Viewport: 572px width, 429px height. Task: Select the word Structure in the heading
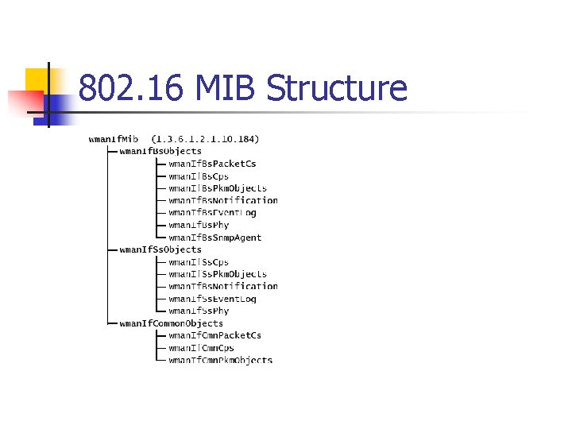tap(337, 88)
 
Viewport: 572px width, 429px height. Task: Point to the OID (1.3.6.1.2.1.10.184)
tap(205, 139)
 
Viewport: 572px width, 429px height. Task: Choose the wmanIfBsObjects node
tap(160, 151)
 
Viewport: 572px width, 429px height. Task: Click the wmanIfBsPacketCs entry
tap(212, 164)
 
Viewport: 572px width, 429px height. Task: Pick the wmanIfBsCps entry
tap(199, 176)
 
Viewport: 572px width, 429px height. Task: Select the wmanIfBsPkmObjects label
tap(218, 188)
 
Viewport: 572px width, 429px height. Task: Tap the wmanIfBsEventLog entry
tap(212, 213)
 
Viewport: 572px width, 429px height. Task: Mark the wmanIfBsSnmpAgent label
tap(214, 238)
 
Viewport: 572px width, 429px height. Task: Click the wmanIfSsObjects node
tap(160, 249)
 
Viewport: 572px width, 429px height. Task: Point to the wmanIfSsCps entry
tap(199, 262)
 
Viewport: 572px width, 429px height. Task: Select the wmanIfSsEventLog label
tap(212, 299)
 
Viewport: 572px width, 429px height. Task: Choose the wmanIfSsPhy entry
tap(199, 311)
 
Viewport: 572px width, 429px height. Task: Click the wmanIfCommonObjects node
tap(171, 323)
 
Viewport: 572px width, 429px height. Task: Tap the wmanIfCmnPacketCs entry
tap(214, 335)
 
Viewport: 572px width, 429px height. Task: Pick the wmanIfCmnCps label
tap(201, 348)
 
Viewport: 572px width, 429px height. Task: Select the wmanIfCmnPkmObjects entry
tap(220, 360)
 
